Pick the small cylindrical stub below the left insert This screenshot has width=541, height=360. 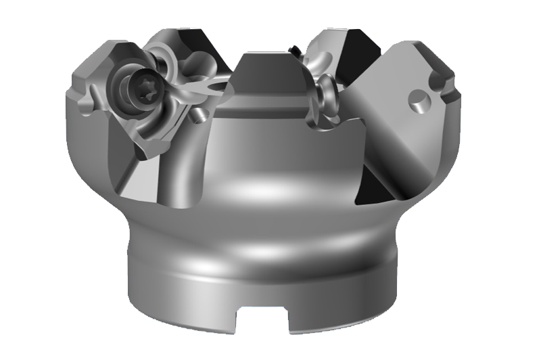(196, 116)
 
